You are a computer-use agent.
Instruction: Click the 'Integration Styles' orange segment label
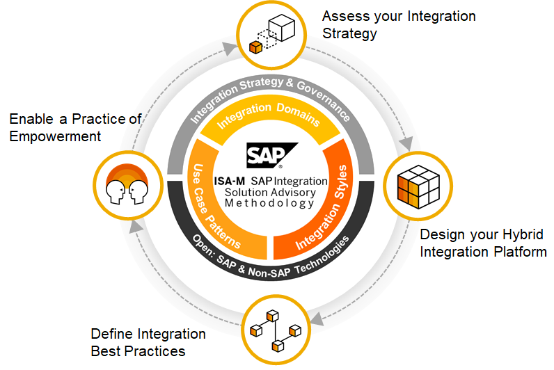tap(321, 208)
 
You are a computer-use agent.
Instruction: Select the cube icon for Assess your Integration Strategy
tap(272, 33)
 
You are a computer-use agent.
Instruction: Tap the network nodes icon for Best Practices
tap(276, 328)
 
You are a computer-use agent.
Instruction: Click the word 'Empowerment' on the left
tap(55, 136)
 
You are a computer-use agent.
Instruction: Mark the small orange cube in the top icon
tap(255, 47)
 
